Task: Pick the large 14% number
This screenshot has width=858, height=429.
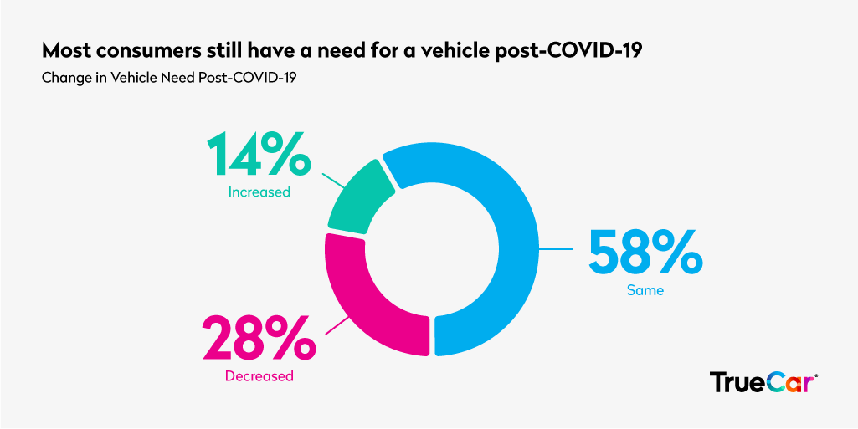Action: pos(259,154)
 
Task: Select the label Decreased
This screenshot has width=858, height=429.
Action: pos(259,376)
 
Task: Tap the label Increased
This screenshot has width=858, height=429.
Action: pos(259,192)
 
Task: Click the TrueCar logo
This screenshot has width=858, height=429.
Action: pos(763,381)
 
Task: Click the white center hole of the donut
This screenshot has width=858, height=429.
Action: pos(430,248)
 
